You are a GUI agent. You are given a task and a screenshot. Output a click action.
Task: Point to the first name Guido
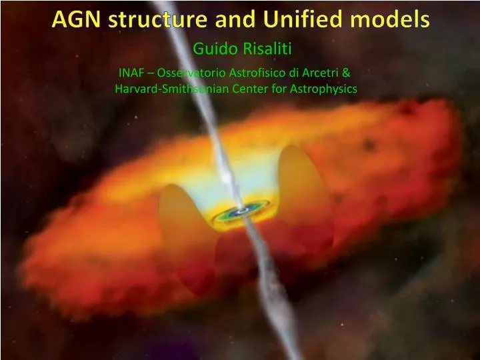point(209,48)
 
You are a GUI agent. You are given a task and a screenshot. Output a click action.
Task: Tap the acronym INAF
point(131,73)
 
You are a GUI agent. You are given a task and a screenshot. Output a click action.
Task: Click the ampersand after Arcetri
point(346,73)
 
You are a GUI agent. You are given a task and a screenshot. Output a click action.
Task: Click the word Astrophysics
point(319,88)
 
